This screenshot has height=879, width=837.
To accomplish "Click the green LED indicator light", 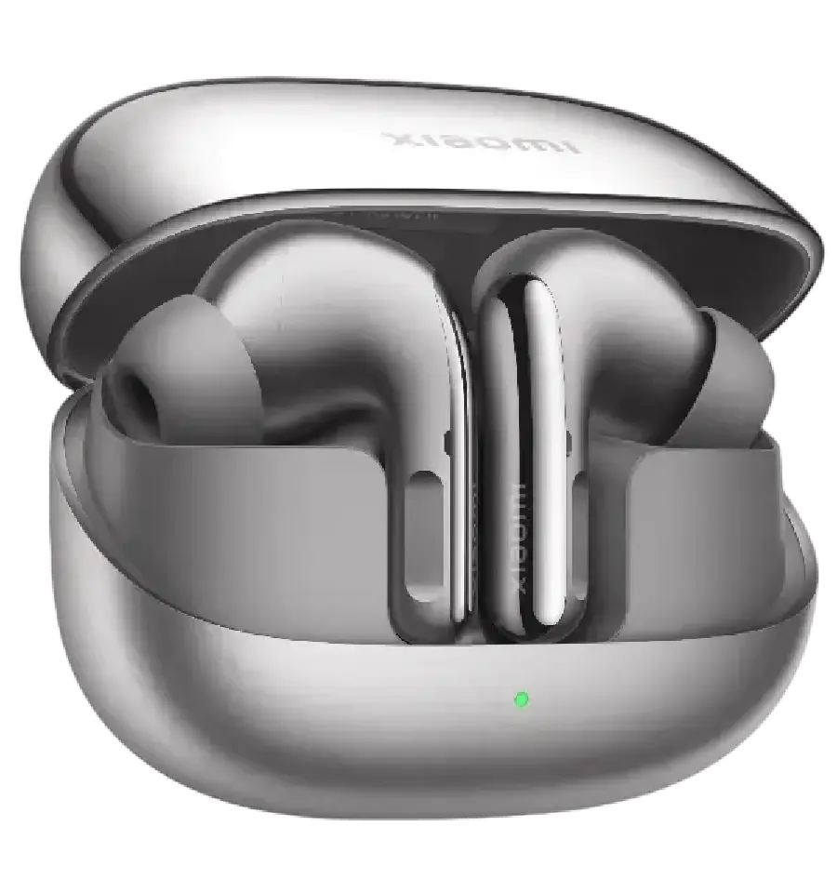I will (x=521, y=698).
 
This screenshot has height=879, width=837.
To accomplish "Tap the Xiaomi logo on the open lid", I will (x=481, y=142).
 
